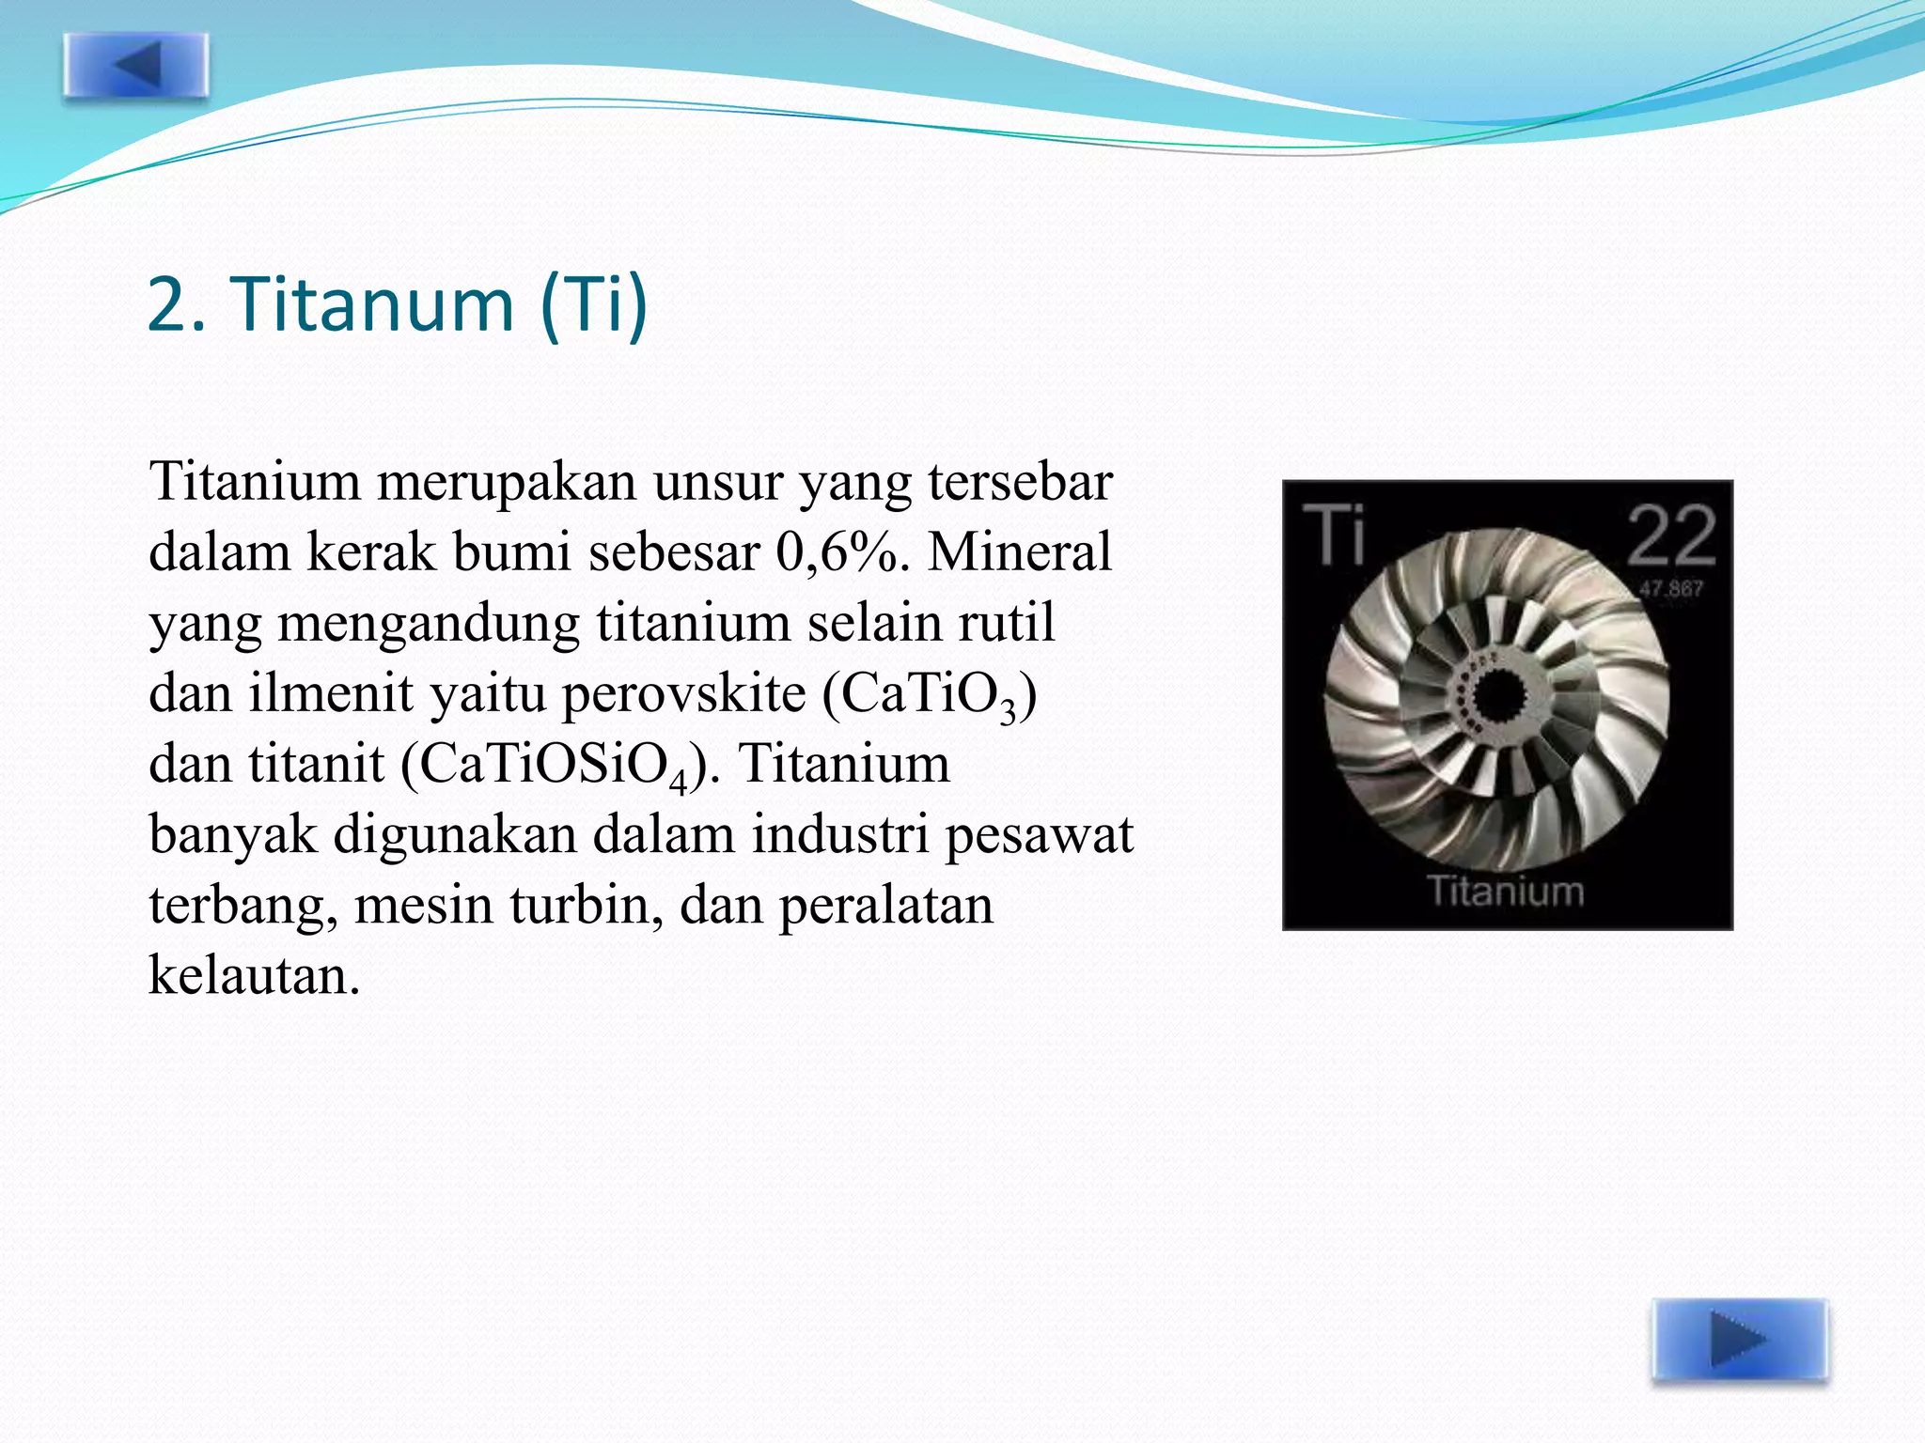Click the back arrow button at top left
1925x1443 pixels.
[x=136, y=65]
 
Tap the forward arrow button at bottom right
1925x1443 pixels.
[x=1740, y=1340]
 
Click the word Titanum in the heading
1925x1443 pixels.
[x=373, y=304]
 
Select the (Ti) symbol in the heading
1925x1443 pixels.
[x=594, y=304]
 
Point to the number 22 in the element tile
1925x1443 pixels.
[x=1670, y=536]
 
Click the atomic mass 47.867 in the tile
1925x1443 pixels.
[x=1670, y=589]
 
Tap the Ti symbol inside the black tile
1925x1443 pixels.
[x=1334, y=534]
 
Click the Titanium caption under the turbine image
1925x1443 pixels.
[x=1506, y=891]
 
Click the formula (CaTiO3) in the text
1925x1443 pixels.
[x=930, y=695]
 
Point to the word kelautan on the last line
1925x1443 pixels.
[x=254, y=975]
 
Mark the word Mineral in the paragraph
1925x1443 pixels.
[x=1020, y=551]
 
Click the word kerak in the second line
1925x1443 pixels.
[x=371, y=551]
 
